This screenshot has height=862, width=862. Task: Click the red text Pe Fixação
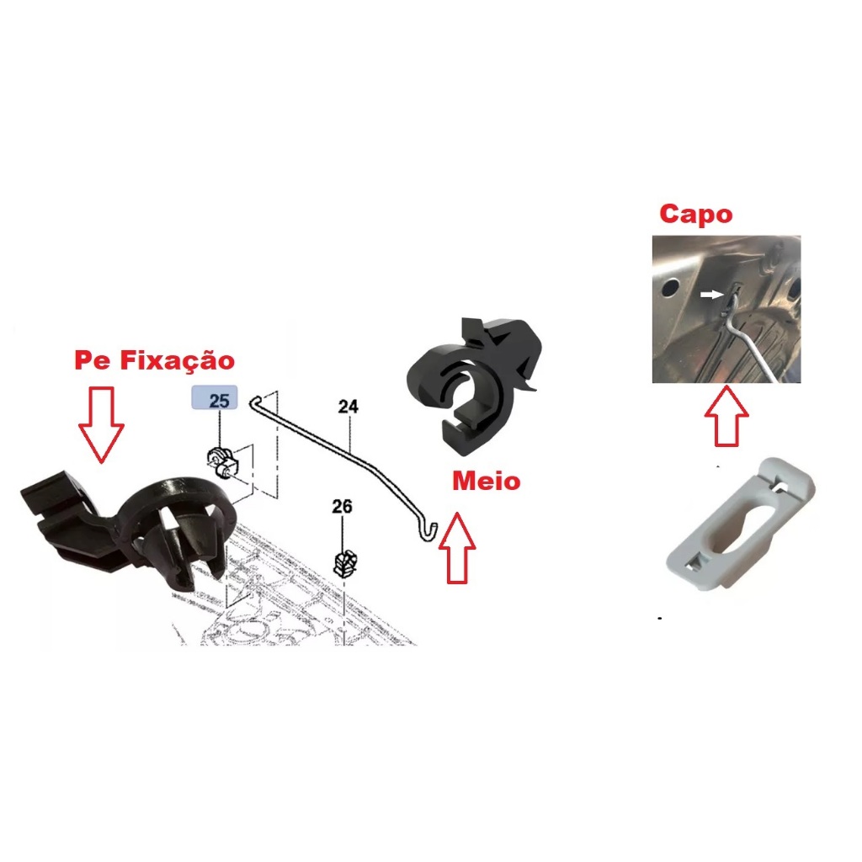pos(154,361)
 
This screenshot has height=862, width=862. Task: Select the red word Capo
pos(695,214)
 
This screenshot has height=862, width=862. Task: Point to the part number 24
pos(348,407)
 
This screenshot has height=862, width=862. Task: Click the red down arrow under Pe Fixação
pos(100,423)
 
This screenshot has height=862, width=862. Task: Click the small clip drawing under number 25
pos(222,460)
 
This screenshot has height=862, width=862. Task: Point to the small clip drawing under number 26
pos(343,561)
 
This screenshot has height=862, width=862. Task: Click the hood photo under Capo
pos(726,309)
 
